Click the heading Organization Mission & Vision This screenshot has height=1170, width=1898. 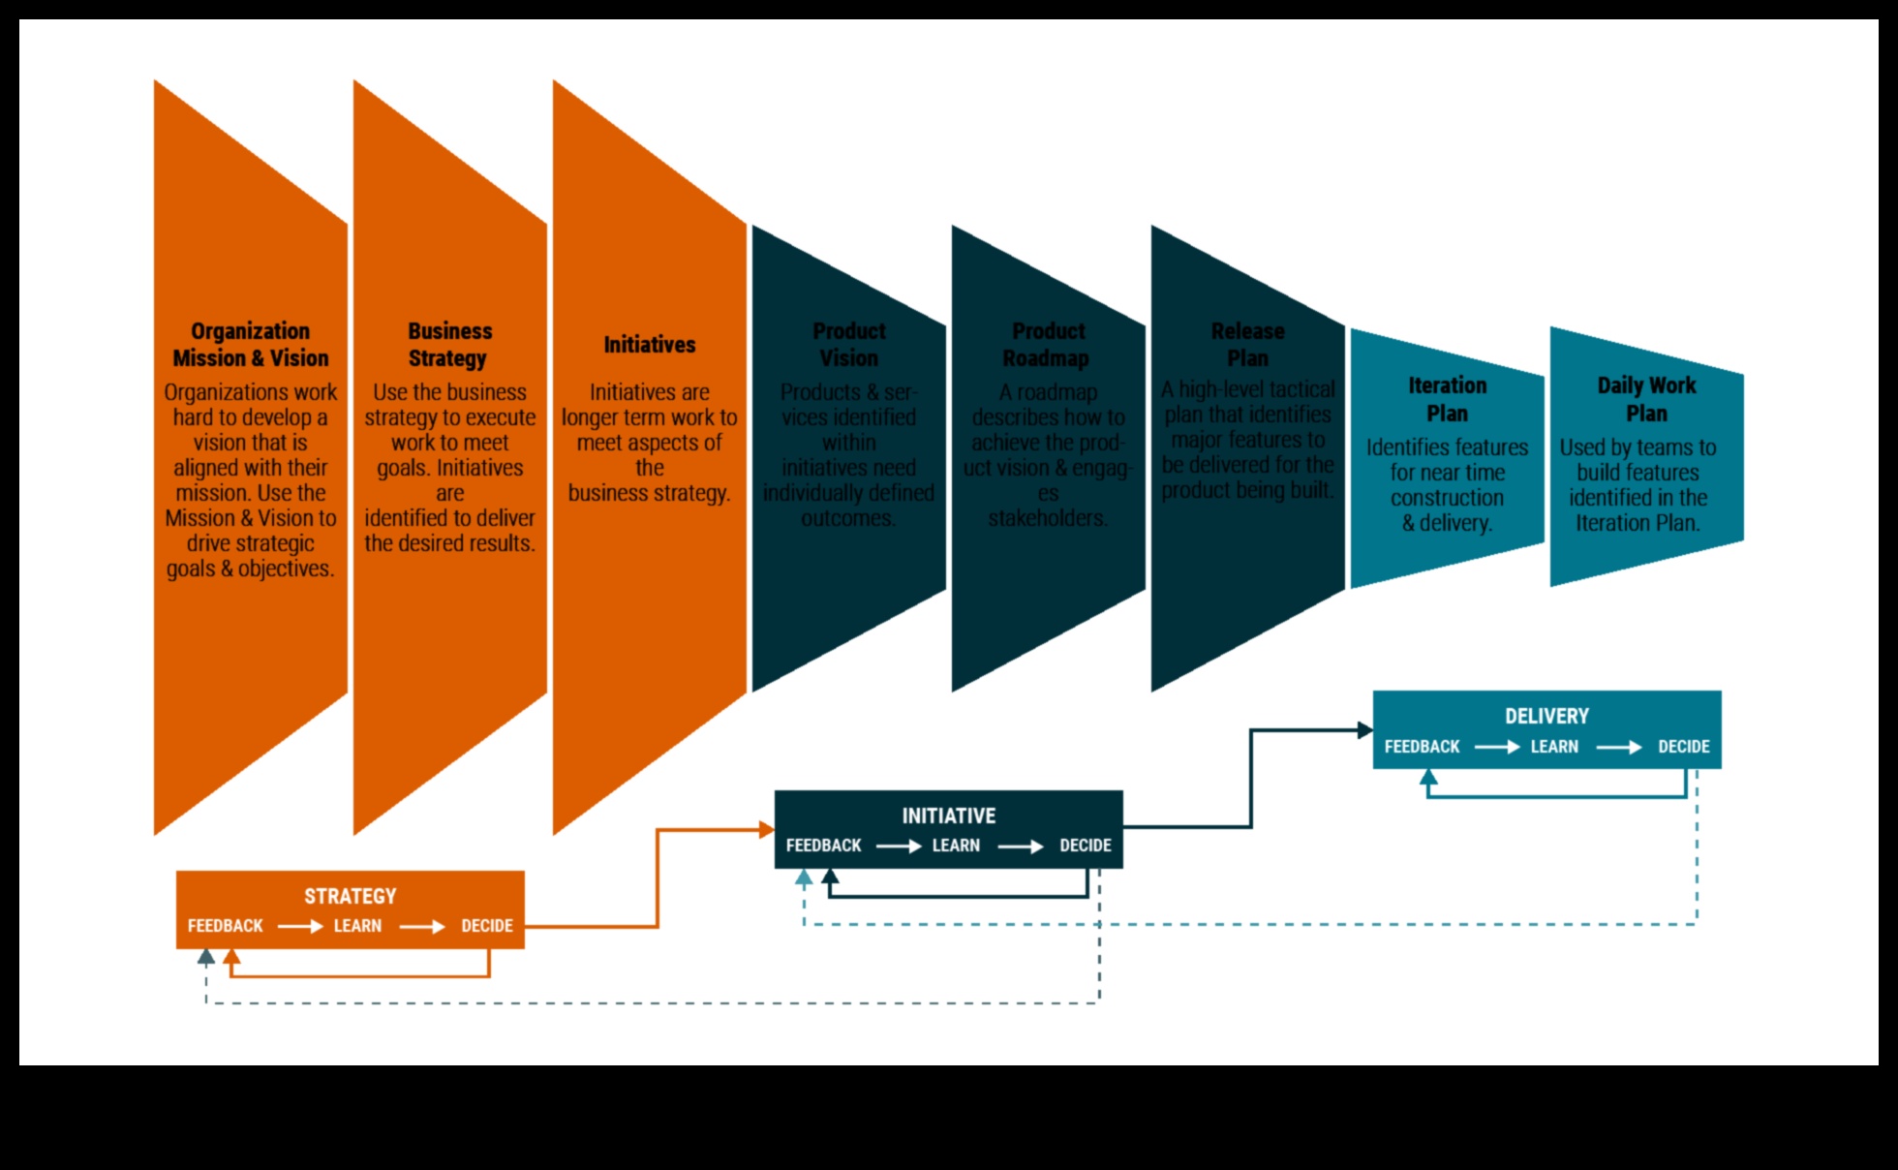pos(251,345)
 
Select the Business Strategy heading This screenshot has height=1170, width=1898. pos(449,345)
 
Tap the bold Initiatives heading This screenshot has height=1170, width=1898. pos(650,345)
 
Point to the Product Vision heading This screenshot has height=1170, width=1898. pos(849,345)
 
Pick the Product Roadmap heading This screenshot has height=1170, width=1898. pos(1047,345)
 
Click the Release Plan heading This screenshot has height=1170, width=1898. pos(1248,345)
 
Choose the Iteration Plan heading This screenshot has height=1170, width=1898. pos(1448,399)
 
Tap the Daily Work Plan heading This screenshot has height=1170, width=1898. pos(1646,399)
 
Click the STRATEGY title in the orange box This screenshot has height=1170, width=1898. pos(351,896)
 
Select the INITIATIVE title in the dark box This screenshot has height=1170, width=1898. pos(949,816)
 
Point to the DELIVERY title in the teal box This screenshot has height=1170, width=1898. pos(1546,716)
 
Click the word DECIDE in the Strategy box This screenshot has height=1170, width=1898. pos(487,926)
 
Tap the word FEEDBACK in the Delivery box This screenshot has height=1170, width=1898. pos(1422,747)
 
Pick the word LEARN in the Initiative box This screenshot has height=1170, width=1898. pos(956,846)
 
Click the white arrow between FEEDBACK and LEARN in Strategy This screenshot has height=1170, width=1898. pos(299,927)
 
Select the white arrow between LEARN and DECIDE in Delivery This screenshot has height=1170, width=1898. pos(1618,748)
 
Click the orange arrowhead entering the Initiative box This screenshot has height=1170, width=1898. pos(766,830)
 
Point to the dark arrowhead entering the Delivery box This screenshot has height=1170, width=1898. pos(1364,730)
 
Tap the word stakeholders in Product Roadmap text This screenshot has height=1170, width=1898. pos(1047,518)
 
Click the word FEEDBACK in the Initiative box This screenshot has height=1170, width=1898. pos(823,846)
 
